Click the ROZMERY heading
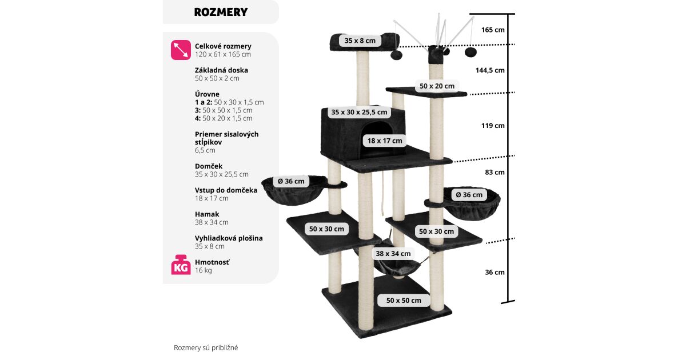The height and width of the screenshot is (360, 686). pyautogui.click(x=221, y=12)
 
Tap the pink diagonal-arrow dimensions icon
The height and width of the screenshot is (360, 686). pyautogui.click(x=181, y=50)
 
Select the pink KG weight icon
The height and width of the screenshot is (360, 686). pyautogui.click(x=181, y=265)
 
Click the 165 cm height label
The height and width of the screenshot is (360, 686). pyautogui.click(x=492, y=29)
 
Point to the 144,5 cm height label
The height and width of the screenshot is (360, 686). pyautogui.click(x=490, y=70)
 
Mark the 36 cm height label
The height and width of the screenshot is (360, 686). pyautogui.click(x=494, y=272)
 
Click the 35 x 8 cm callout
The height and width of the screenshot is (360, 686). pyautogui.click(x=360, y=41)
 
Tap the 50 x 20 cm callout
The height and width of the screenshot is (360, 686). pyautogui.click(x=437, y=86)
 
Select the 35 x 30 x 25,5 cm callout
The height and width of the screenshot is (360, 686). pyautogui.click(x=359, y=112)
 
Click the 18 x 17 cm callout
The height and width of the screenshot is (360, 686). pyautogui.click(x=385, y=141)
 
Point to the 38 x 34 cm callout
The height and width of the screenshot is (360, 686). pyautogui.click(x=393, y=253)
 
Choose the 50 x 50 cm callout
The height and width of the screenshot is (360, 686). pyautogui.click(x=404, y=300)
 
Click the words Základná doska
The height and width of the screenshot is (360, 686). pyautogui.click(x=221, y=70)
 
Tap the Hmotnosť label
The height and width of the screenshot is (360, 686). pyautogui.click(x=212, y=262)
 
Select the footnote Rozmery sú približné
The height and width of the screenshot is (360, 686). pyautogui.click(x=206, y=347)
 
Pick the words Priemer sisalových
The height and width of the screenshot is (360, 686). pyautogui.click(x=226, y=134)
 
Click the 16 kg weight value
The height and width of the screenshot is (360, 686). pyautogui.click(x=203, y=270)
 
